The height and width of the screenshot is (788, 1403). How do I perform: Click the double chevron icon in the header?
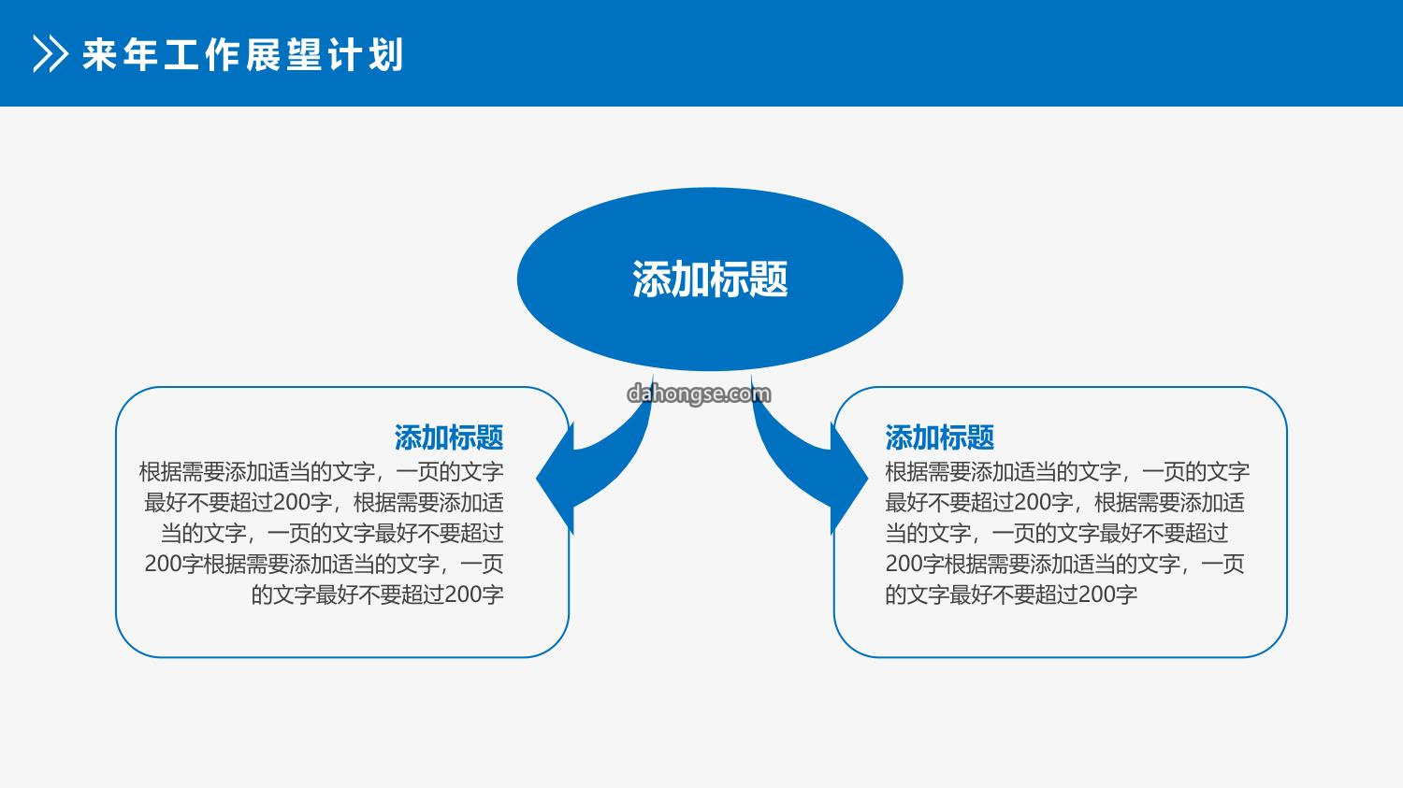(x=51, y=54)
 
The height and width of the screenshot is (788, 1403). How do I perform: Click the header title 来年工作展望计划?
(x=243, y=54)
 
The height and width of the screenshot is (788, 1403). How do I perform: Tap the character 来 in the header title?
(x=99, y=54)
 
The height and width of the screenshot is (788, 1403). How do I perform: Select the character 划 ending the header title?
(x=385, y=54)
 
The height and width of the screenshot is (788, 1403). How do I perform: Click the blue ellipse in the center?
(x=710, y=279)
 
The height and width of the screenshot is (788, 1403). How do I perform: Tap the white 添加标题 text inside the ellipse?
(x=710, y=279)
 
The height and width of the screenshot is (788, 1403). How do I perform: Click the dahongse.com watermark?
(x=699, y=394)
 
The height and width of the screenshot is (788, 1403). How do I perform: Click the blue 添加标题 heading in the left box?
(x=448, y=437)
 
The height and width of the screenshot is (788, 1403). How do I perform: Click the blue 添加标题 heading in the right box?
(x=939, y=437)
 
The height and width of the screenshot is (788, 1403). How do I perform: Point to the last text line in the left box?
(x=377, y=595)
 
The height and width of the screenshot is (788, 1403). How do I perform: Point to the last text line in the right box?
(x=1011, y=595)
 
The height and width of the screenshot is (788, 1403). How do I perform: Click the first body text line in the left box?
(x=322, y=472)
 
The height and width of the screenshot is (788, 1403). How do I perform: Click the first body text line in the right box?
(x=1067, y=472)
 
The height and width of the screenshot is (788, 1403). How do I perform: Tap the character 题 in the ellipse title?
(x=769, y=279)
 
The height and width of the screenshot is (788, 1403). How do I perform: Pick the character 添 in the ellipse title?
(x=651, y=279)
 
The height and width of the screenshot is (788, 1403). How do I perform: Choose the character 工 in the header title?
(x=181, y=54)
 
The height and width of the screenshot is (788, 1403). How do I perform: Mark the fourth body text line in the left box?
(x=324, y=564)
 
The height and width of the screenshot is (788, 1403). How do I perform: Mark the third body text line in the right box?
(x=1057, y=533)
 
